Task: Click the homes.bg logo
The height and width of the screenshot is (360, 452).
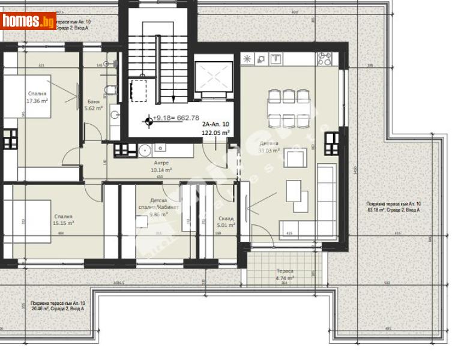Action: (28, 21)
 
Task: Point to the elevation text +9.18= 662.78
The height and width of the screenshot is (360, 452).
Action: (176, 118)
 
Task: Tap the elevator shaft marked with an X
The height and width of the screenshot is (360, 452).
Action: (214, 76)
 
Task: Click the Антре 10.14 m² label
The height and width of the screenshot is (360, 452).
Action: (160, 166)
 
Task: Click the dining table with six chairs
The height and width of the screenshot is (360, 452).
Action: (290, 109)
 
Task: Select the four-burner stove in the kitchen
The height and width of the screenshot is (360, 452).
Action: (324, 59)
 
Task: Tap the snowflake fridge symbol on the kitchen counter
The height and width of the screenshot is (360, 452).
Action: (248, 59)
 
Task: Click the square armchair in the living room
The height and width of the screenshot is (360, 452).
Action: (294, 159)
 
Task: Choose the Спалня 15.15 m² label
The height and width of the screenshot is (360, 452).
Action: (63, 220)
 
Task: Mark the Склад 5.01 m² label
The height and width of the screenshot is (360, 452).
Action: (226, 222)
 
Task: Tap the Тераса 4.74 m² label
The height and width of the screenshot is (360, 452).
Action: (285, 275)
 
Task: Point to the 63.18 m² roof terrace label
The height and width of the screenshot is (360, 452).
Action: (393, 208)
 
